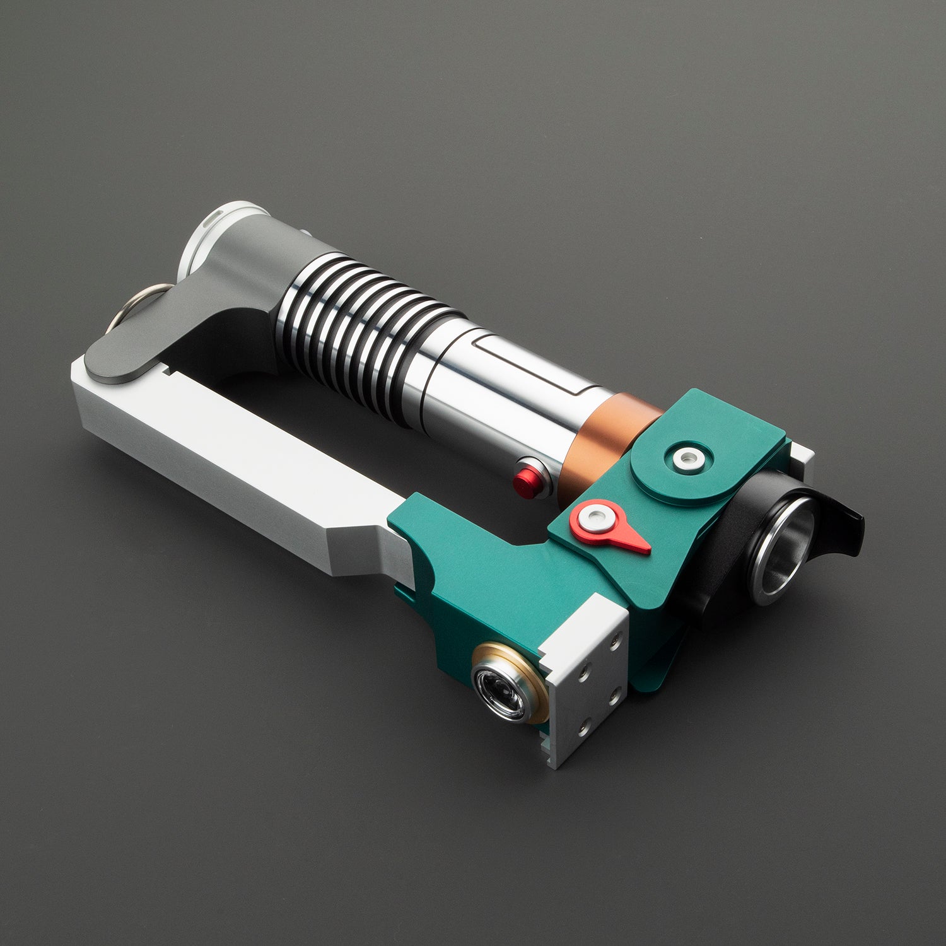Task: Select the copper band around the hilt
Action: (x=605, y=441)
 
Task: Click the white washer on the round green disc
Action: (x=687, y=458)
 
